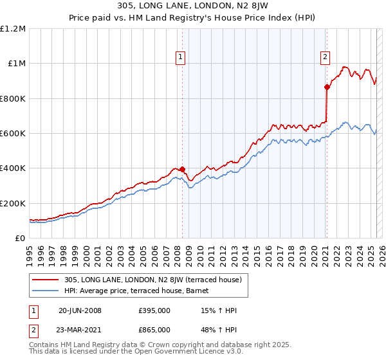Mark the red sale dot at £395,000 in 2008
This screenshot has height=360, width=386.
pyautogui.click(x=182, y=170)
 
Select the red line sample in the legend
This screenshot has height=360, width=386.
pyautogui.click(x=46, y=280)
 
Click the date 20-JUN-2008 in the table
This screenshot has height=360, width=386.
pyautogui.click(x=80, y=310)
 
